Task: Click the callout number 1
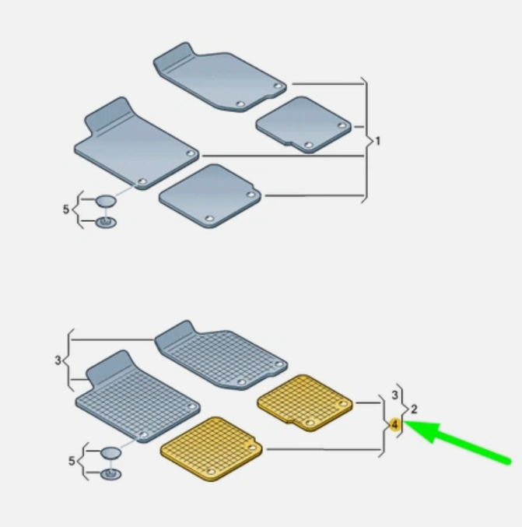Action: click(378, 141)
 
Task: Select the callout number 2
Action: click(414, 409)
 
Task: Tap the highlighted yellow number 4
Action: click(395, 424)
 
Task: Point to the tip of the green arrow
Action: click(405, 421)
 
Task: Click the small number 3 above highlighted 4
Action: click(395, 395)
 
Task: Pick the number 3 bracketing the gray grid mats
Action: click(58, 360)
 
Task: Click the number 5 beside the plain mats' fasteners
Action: click(66, 209)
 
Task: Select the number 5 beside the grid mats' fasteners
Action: click(72, 461)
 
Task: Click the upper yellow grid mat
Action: click(305, 402)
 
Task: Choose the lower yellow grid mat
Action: click(211, 449)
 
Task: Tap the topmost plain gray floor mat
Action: click(220, 77)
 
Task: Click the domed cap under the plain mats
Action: click(106, 201)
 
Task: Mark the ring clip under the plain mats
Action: click(106, 222)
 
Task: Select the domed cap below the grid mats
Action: click(110, 453)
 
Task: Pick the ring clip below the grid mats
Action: click(110, 474)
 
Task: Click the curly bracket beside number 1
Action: click(367, 140)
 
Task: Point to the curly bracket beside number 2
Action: click(403, 410)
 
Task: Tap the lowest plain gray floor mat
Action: click(210, 196)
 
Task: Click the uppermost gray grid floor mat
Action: click(222, 356)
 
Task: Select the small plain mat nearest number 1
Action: click(303, 125)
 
